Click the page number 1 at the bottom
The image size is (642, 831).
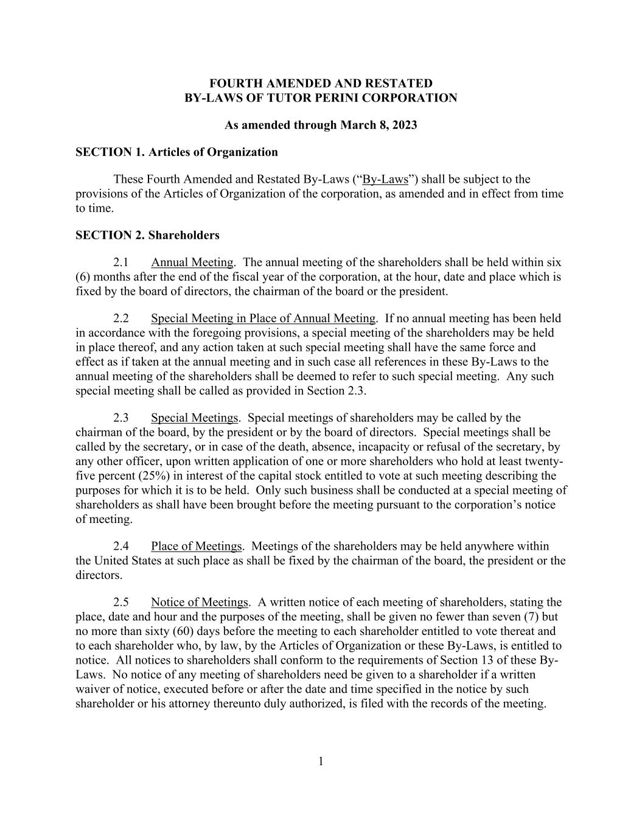click(321, 762)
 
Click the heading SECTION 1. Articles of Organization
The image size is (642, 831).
click(176, 152)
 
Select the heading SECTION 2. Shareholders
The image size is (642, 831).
click(147, 235)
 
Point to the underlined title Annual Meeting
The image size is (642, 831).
click(192, 262)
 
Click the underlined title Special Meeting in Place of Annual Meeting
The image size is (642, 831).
click(263, 318)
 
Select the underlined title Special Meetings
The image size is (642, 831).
click(194, 418)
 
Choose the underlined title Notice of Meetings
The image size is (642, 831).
click(200, 602)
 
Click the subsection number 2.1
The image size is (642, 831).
click(120, 262)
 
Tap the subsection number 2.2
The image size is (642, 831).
click(120, 318)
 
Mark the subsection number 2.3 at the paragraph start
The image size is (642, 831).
click(120, 418)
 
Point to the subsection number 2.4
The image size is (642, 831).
click(120, 546)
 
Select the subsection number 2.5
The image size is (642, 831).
click(120, 602)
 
